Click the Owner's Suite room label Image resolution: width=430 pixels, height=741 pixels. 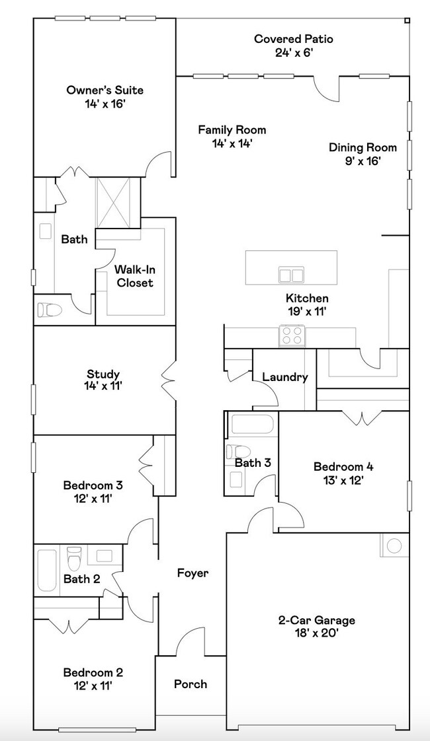click(x=105, y=90)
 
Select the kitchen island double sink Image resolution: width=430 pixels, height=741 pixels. click(x=291, y=274)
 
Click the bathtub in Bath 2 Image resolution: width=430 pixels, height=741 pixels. click(x=47, y=569)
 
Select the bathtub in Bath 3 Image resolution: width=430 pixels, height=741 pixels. click(x=251, y=425)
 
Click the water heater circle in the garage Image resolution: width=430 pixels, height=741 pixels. click(x=394, y=546)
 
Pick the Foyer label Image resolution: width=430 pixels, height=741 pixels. click(x=193, y=573)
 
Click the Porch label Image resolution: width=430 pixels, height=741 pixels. click(x=191, y=684)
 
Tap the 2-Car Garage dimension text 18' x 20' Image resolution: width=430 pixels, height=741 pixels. click(x=316, y=633)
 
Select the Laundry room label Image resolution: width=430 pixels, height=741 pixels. click(x=285, y=378)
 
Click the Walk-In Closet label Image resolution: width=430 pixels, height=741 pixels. click(x=134, y=276)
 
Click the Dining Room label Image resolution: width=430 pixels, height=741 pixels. click(x=363, y=147)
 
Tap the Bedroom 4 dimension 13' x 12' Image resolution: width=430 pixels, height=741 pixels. click(x=343, y=480)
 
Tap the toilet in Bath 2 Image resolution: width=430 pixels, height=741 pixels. click(x=74, y=559)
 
